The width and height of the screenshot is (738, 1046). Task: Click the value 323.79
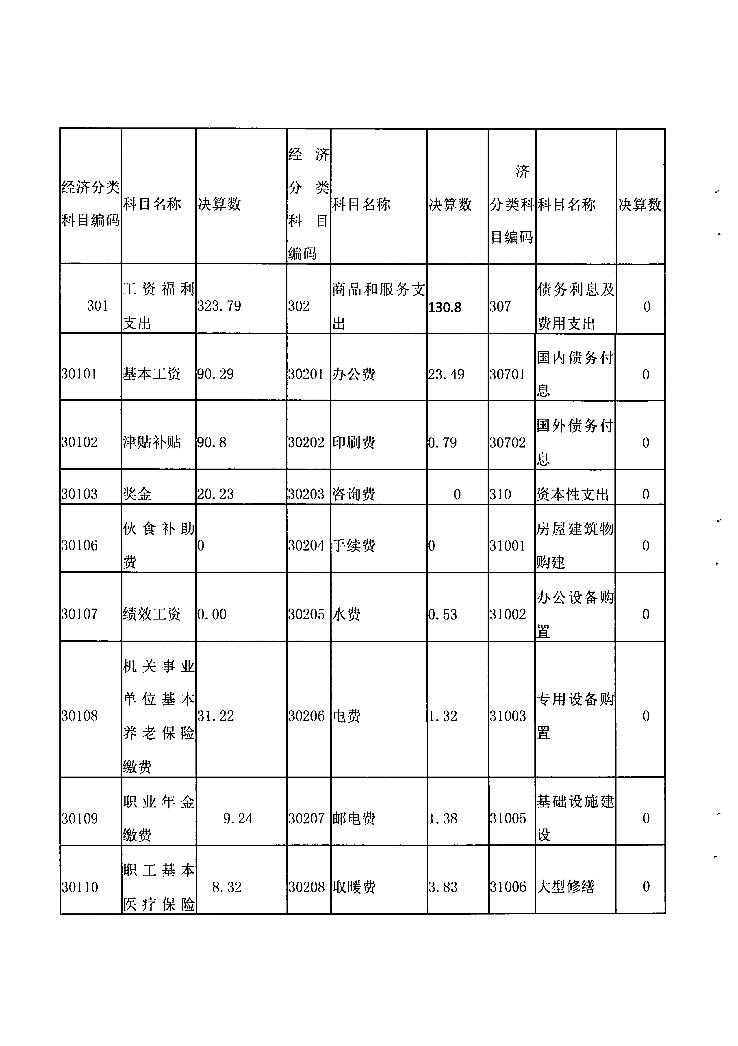219,306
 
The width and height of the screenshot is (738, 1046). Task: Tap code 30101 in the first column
79,374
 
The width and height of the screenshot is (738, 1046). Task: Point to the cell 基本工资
152,374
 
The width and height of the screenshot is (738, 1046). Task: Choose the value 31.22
216,716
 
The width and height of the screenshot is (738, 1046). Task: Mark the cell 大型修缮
566,887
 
